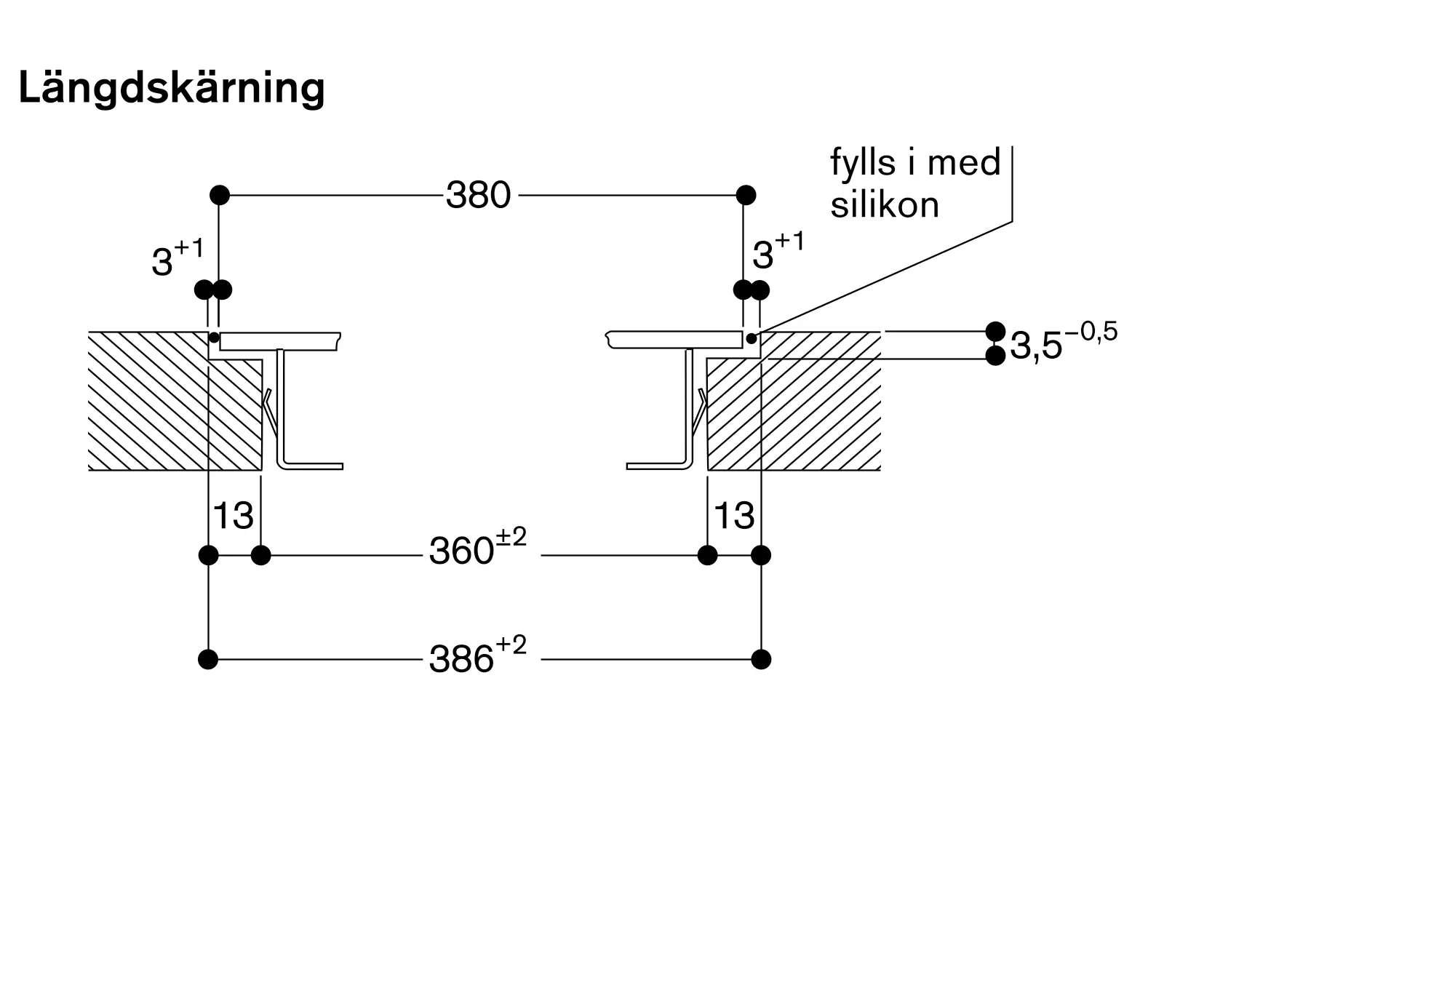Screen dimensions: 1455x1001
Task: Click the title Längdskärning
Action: [172, 89]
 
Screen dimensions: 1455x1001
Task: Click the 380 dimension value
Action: [479, 195]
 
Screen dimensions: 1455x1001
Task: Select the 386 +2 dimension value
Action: [477, 655]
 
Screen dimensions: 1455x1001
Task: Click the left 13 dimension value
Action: [234, 516]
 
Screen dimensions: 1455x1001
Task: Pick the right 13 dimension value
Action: [735, 516]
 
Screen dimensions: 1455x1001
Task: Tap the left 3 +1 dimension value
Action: [178, 258]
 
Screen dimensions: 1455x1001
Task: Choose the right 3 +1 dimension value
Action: [778, 251]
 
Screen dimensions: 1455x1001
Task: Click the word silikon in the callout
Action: [885, 205]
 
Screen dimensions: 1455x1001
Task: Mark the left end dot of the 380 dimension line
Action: [220, 195]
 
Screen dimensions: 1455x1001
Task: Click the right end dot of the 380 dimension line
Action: [746, 195]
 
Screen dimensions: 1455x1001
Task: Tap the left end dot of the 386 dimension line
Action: [208, 660]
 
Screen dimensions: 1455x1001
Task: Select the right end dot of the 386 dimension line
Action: [761, 660]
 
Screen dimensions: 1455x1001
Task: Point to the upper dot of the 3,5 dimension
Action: [995, 331]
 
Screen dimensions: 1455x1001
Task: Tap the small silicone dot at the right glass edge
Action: [752, 338]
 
